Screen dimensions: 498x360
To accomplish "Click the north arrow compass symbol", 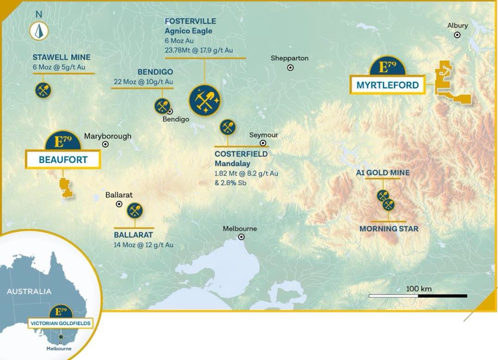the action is pyautogui.click(x=39, y=31).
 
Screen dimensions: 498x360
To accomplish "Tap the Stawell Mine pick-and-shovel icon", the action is pyautogui.click(x=43, y=90).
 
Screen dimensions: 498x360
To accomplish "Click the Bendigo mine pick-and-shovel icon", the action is pyautogui.click(x=162, y=106).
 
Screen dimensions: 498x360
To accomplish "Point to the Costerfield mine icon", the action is pyautogui.click(x=227, y=127).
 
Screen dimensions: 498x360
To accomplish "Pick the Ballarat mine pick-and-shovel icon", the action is pyautogui.click(x=135, y=211).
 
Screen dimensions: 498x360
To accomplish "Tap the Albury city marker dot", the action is pyautogui.click(x=457, y=35).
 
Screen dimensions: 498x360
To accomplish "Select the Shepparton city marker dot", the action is pyautogui.click(x=290, y=67).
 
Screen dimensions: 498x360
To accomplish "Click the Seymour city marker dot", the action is pyautogui.click(x=263, y=143).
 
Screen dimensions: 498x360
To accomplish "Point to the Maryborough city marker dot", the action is pyautogui.click(x=105, y=144).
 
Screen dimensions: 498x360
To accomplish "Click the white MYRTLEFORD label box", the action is pyautogui.click(x=387, y=85).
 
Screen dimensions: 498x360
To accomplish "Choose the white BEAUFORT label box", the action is pyautogui.click(x=63, y=160).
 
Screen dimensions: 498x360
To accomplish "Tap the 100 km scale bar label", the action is pyautogui.click(x=418, y=289).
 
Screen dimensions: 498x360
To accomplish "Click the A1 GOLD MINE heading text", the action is pyautogui.click(x=382, y=173).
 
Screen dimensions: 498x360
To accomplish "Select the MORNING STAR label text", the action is pyautogui.click(x=388, y=229).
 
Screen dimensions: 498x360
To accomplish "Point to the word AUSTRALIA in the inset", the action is pyautogui.click(x=29, y=292).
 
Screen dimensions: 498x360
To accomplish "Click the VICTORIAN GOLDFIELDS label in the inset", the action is pyautogui.click(x=60, y=323).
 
